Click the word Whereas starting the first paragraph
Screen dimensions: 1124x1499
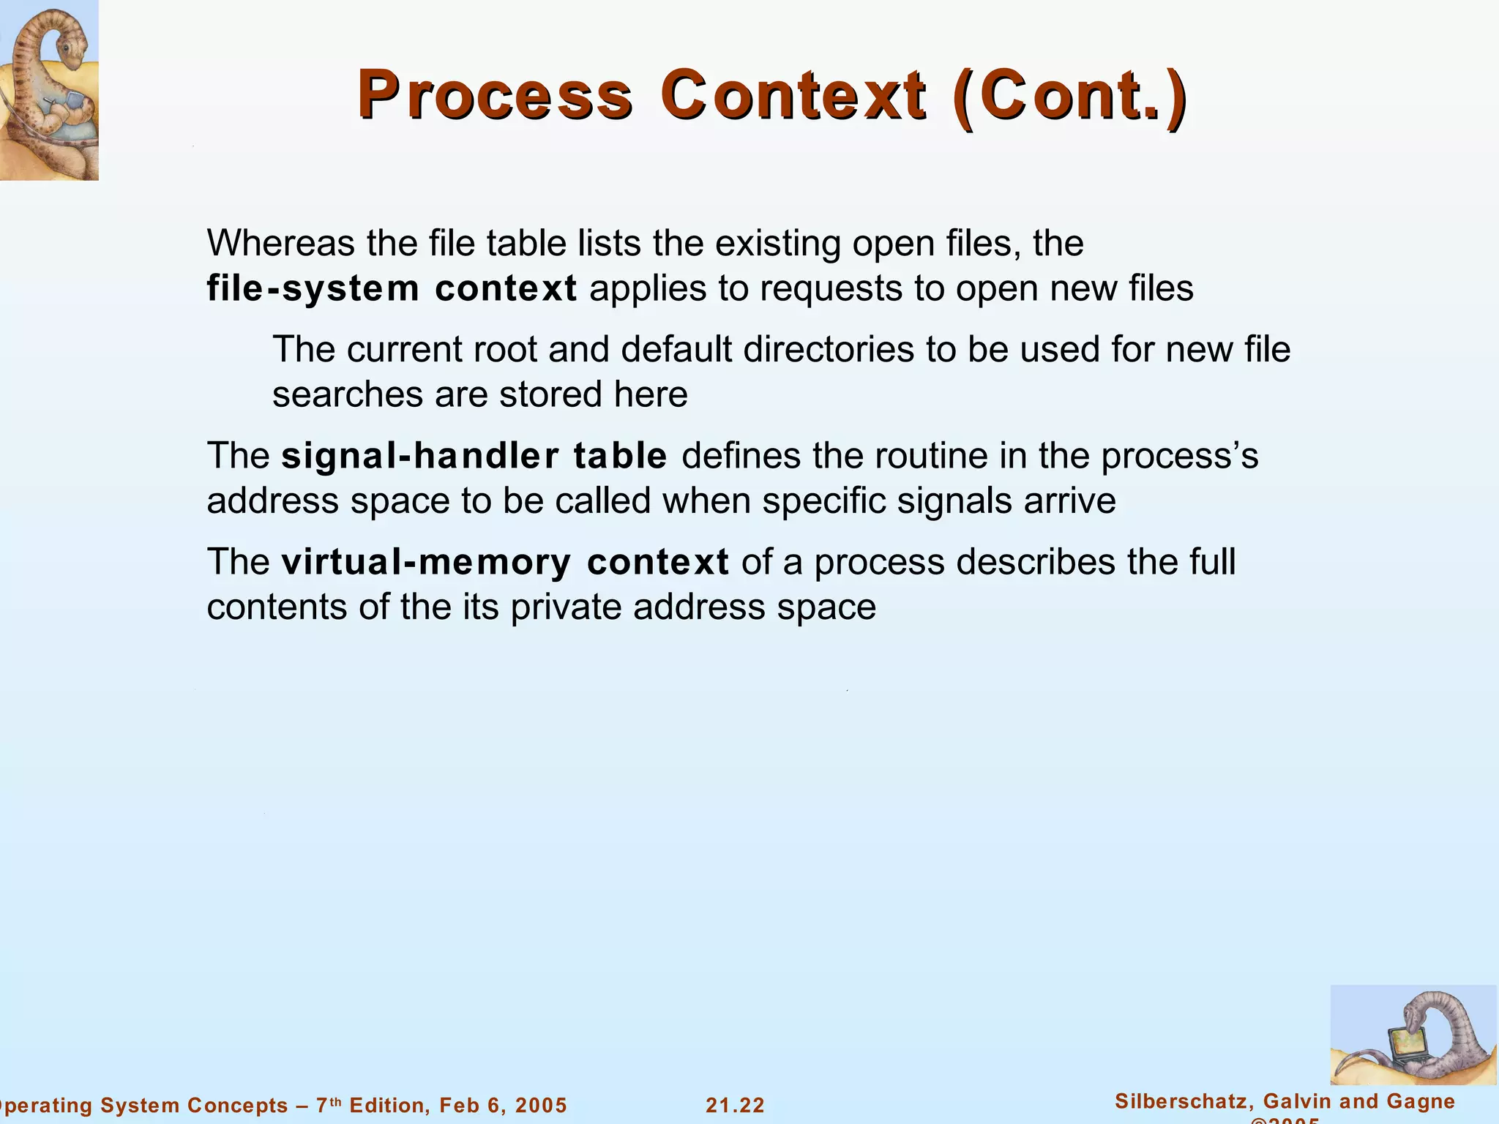coord(281,243)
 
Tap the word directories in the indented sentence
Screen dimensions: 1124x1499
coord(829,349)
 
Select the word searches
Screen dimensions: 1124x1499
coord(348,394)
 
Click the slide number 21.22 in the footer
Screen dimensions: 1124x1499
coord(735,1105)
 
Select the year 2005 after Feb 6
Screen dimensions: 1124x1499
coord(541,1105)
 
